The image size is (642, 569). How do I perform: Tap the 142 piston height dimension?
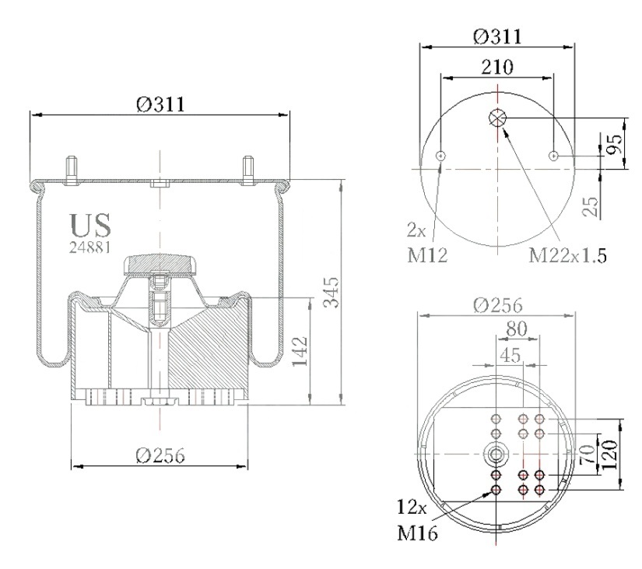(x=300, y=352)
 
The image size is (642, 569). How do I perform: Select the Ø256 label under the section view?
(x=160, y=455)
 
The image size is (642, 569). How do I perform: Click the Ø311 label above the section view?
(x=160, y=104)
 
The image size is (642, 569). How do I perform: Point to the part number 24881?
(x=89, y=247)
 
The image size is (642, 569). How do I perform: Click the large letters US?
(x=90, y=225)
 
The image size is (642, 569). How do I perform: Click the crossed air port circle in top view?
(x=497, y=118)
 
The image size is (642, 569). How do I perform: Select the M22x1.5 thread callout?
(x=567, y=255)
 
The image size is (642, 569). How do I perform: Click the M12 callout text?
(x=427, y=256)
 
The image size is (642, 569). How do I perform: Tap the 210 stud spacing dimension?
(x=497, y=67)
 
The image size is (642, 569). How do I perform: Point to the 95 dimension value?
(x=614, y=144)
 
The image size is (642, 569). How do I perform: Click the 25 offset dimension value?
(x=591, y=206)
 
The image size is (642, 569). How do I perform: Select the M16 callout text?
(x=417, y=532)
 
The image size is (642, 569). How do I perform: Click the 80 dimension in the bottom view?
(x=517, y=328)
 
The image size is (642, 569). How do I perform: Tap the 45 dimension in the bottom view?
(x=510, y=355)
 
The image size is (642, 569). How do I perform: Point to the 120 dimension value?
(x=609, y=455)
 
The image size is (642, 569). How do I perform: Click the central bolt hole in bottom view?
(x=496, y=455)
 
